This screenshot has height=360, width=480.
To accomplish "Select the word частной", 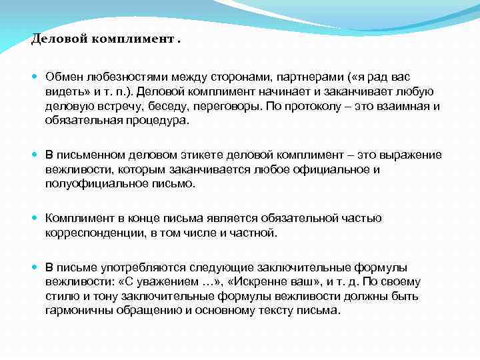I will point(253,232).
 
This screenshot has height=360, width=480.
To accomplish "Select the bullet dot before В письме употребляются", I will point(35,267).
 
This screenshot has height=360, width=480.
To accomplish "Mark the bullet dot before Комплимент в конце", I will point(35,218).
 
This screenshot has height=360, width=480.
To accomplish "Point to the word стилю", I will point(61,296).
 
